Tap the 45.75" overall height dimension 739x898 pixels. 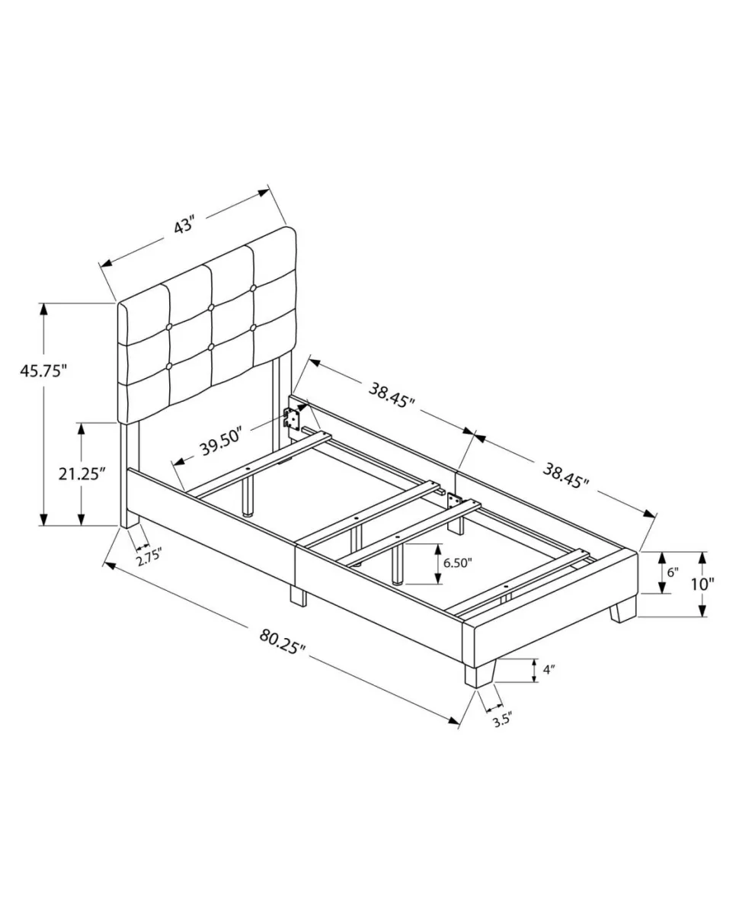(43, 371)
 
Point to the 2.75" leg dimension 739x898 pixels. (149, 556)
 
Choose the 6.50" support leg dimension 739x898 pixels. (457, 563)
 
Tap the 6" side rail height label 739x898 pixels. (673, 572)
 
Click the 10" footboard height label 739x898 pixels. (702, 584)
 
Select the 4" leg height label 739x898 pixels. (549, 669)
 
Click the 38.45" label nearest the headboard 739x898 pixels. (392, 395)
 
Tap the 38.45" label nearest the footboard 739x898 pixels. (566, 476)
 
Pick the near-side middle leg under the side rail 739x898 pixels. (298, 597)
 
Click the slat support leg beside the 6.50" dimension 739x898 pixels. (396, 564)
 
